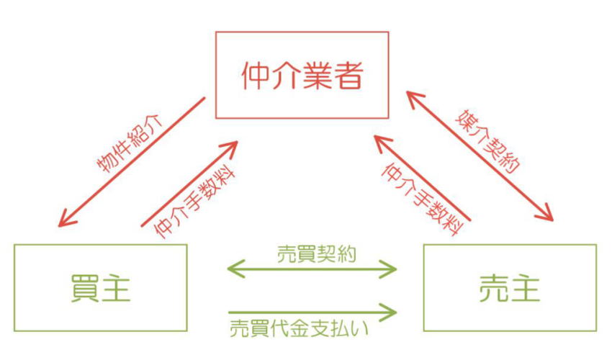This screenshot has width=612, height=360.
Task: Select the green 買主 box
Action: [x=100, y=287]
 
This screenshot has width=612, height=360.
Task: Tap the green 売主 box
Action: [x=510, y=287]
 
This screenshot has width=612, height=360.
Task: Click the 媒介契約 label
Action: [x=490, y=140]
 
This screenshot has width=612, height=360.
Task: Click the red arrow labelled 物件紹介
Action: [x=133, y=161]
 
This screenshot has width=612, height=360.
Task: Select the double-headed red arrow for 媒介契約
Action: [x=479, y=155]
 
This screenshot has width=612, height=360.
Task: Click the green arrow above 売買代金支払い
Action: [x=313, y=312]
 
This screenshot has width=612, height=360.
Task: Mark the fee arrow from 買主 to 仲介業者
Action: [x=189, y=184]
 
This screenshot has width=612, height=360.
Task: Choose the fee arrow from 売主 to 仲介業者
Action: [x=422, y=178]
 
